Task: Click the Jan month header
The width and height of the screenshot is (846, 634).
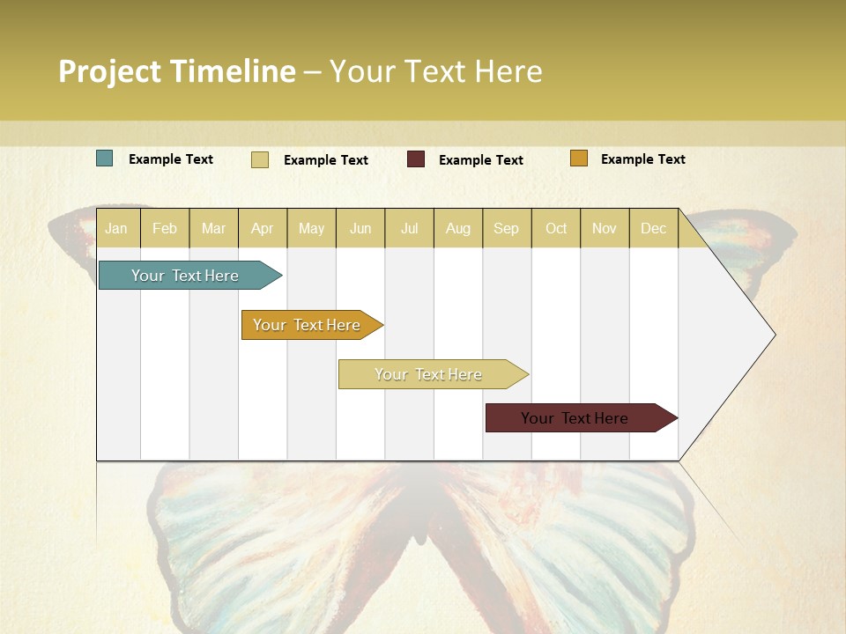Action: tap(116, 228)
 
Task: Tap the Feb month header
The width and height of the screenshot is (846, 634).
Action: tap(165, 228)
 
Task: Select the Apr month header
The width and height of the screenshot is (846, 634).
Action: tap(262, 228)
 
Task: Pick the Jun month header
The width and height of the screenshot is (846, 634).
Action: tap(360, 228)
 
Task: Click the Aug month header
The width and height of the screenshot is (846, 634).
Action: tap(457, 228)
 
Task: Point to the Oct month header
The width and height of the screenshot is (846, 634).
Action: tap(556, 228)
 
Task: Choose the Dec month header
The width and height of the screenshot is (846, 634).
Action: tap(653, 228)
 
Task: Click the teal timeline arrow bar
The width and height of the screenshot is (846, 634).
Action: tap(185, 276)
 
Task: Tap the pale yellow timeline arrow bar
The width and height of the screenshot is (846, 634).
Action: tap(428, 374)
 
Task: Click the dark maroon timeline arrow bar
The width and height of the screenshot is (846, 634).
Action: tap(575, 418)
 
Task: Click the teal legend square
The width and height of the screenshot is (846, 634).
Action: tap(104, 158)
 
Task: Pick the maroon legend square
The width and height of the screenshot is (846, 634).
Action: tap(416, 158)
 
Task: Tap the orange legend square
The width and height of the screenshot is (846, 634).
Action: tap(578, 158)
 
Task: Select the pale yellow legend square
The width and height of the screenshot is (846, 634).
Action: tap(260, 159)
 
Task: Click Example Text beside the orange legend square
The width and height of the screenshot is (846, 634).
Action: tap(642, 158)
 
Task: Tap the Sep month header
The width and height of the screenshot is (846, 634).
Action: tap(506, 228)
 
